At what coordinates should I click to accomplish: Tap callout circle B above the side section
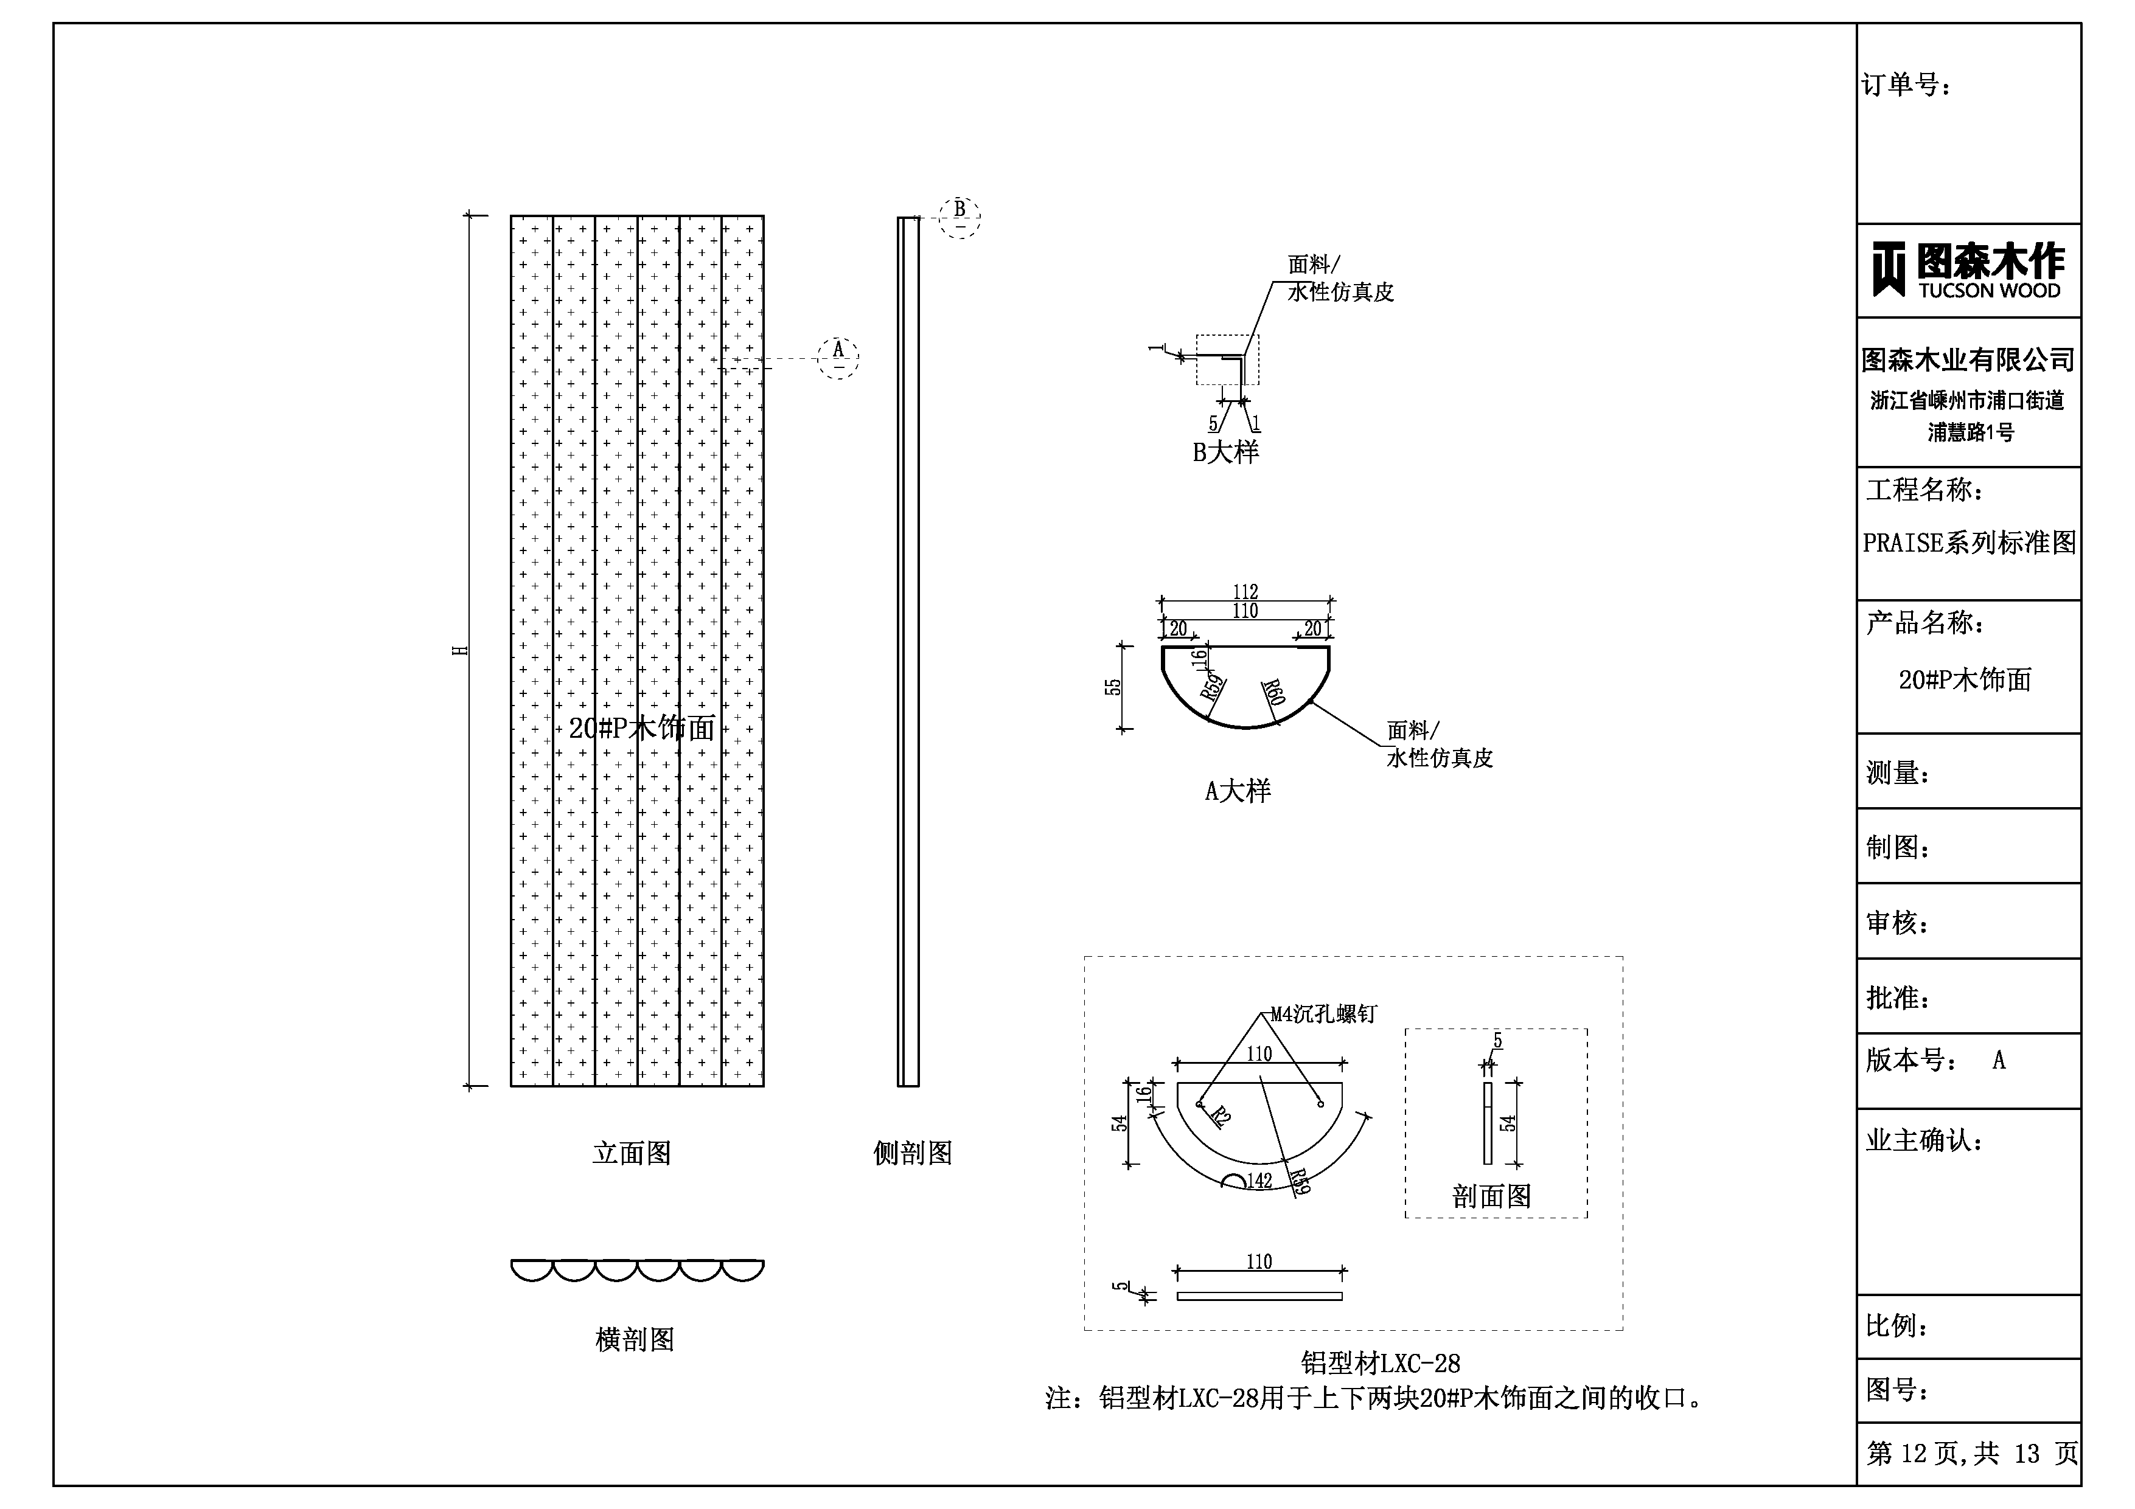[960, 217]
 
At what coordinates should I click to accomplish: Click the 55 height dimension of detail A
[1112, 687]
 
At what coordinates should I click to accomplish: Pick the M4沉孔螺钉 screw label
[1323, 1015]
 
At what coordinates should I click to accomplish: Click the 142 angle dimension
[1259, 1181]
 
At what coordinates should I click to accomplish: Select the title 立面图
[632, 1154]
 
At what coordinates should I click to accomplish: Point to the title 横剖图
[635, 1340]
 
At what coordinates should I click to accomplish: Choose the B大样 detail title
[1225, 453]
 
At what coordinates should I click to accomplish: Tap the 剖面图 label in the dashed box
[1491, 1196]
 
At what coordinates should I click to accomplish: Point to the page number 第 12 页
[1915, 1453]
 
